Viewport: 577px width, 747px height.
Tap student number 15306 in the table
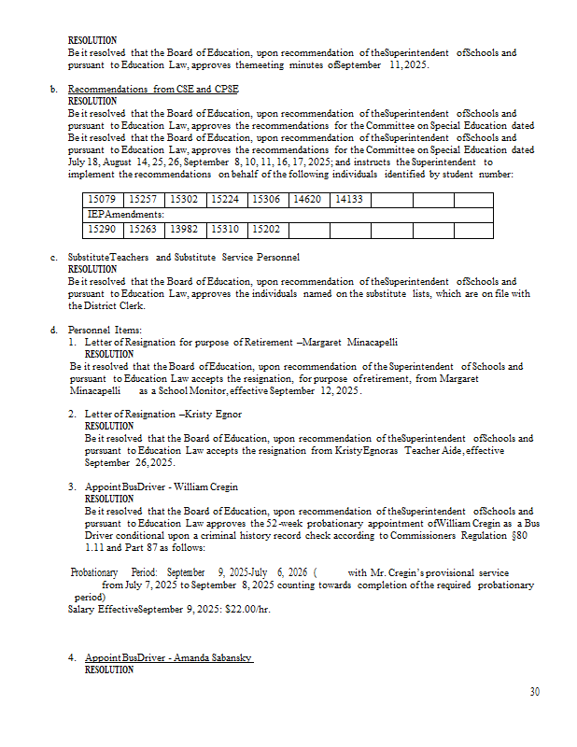pyautogui.click(x=268, y=199)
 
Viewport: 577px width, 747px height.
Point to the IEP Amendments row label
pyautogui.click(x=120, y=214)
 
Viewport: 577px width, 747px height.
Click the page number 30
pyautogui.click(x=534, y=692)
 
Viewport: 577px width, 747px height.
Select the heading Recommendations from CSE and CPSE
pyautogui.click(x=153, y=90)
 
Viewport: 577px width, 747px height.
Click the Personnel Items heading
pyautogui.click(x=105, y=330)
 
